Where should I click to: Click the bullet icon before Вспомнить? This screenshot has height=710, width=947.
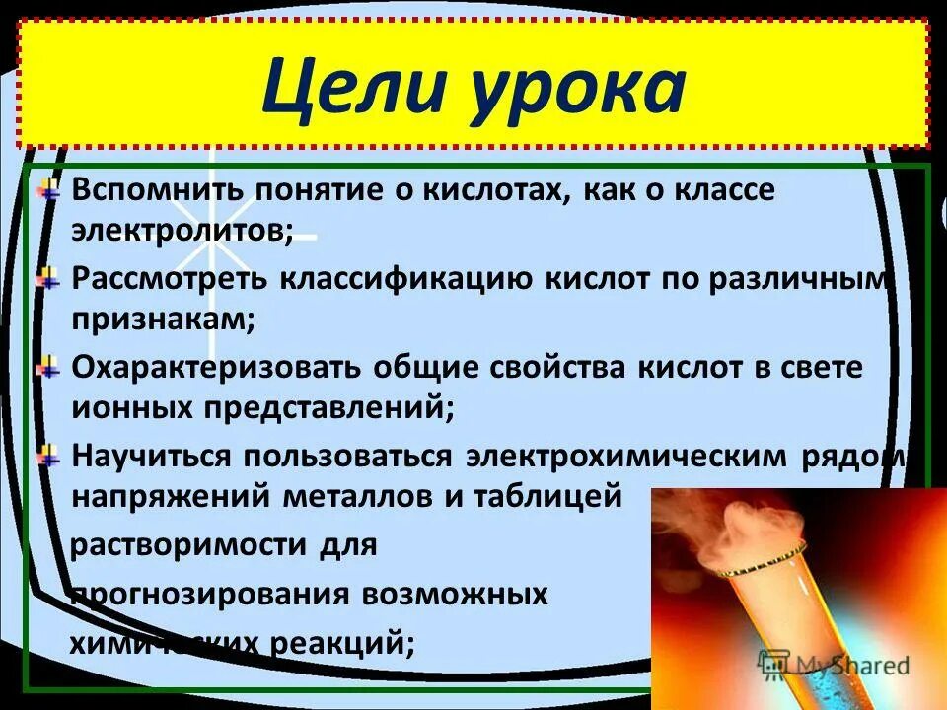(x=47, y=190)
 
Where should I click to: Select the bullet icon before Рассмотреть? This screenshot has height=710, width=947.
(x=47, y=279)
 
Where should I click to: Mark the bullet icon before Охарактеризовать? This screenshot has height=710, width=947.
(x=47, y=369)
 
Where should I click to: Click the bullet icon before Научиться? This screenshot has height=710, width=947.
(x=47, y=457)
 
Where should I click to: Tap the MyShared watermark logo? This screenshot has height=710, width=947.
(x=833, y=665)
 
